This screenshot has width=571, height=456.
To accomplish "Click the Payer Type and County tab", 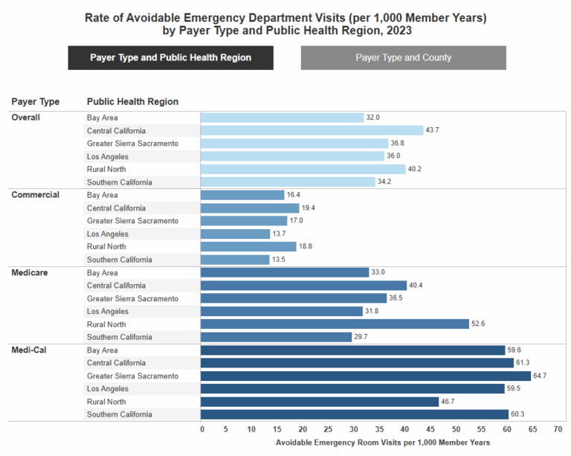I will (x=403, y=57).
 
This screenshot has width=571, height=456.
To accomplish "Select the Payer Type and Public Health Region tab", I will (x=170, y=57).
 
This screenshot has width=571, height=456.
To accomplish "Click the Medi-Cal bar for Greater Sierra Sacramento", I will (x=365, y=376).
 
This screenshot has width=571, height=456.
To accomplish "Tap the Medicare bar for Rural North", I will (x=335, y=324).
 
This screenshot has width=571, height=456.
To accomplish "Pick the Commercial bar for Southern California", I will (x=235, y=260).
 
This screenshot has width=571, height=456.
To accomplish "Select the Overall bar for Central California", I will (x=312, y=130).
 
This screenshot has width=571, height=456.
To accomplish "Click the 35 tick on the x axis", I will (x=380, y=429).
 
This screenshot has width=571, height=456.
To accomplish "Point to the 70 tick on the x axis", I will (x=558, y=429).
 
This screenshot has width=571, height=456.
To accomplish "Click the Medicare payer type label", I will (x=30, y=273).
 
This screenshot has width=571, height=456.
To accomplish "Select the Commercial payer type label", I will (x=35, y=195).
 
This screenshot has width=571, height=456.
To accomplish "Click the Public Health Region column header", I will (x=132, y=101).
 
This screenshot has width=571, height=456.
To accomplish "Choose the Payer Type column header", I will (x=35, y=101).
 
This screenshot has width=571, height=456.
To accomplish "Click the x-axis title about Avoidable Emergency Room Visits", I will (x=382, y=442).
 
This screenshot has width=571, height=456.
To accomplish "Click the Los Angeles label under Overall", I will (x=108, y=156).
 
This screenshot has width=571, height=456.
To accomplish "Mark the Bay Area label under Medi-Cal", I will (x=103, y=350).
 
